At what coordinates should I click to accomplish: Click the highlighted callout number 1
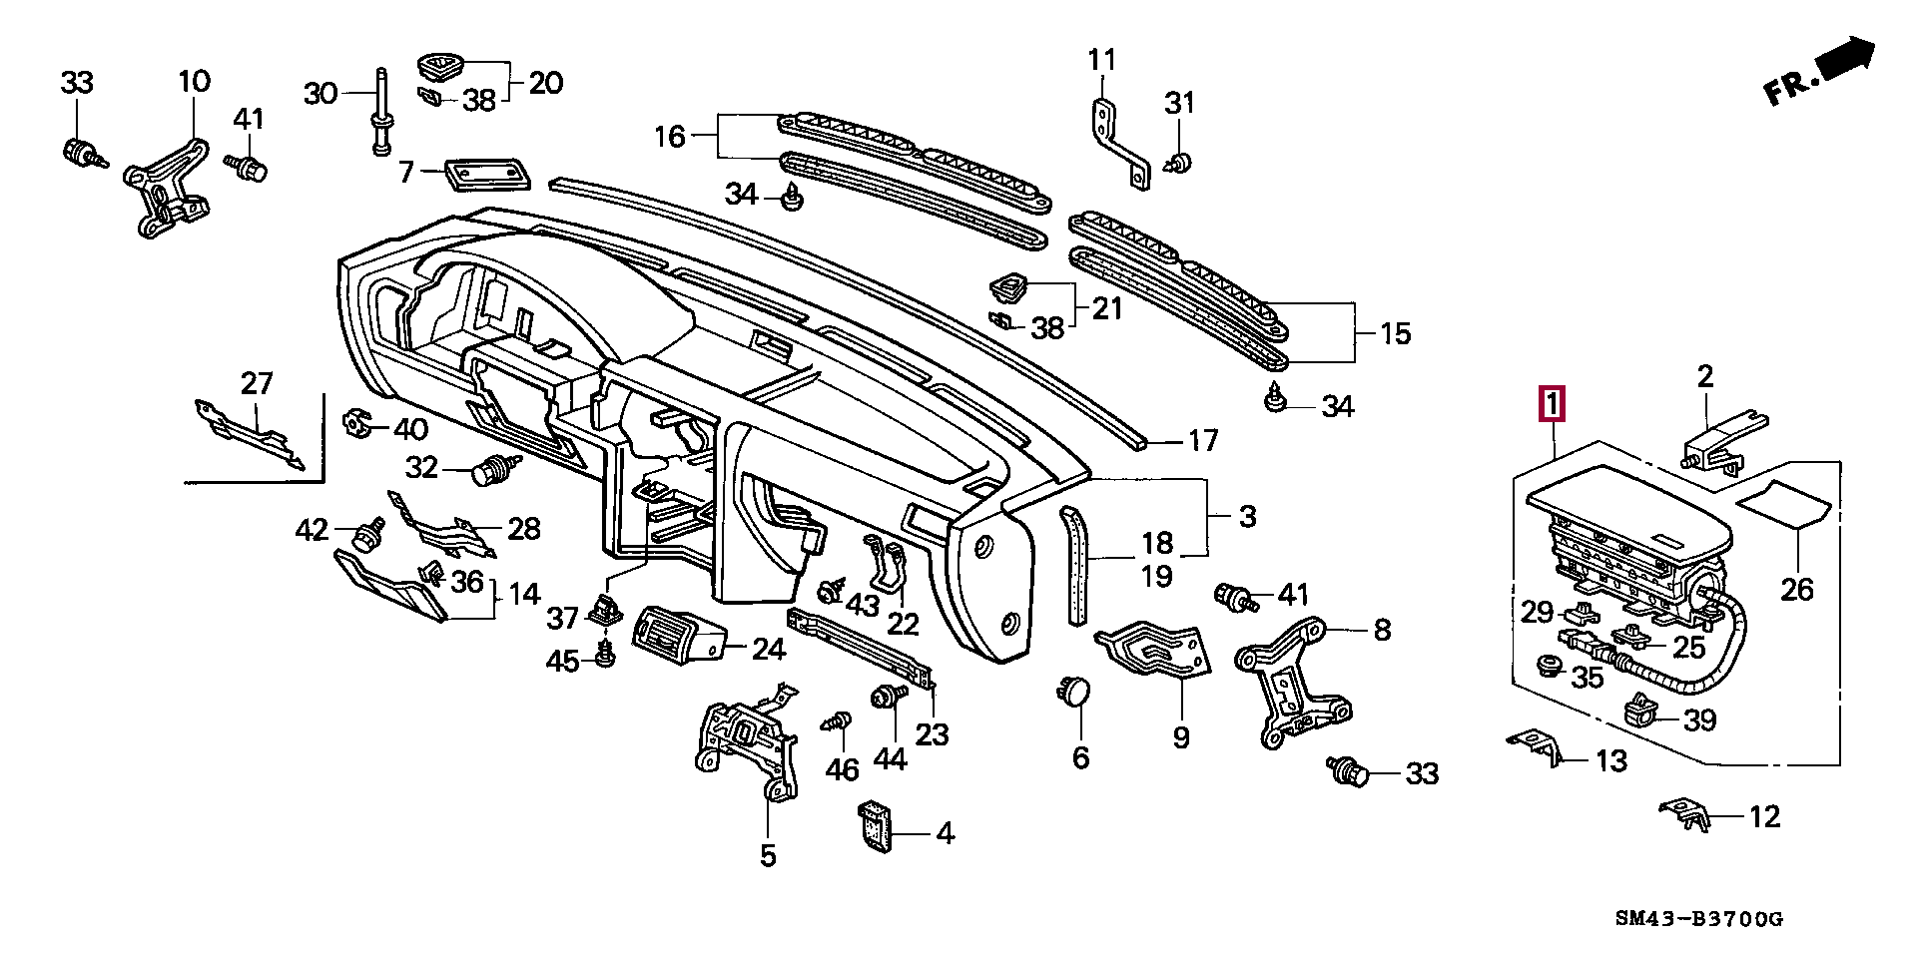point(1552,405)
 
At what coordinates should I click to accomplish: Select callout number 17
point(1203,440)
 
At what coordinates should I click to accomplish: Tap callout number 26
point(1796,589)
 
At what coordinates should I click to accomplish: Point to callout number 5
point(767,855)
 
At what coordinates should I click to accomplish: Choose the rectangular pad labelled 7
point(486,174)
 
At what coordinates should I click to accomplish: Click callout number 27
point(257,383)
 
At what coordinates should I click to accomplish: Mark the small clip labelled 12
point(1686,812)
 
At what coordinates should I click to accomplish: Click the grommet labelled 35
point(1551,666)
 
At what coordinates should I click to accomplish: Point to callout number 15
point(1395,333)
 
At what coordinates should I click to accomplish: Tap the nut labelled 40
point(356,423)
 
